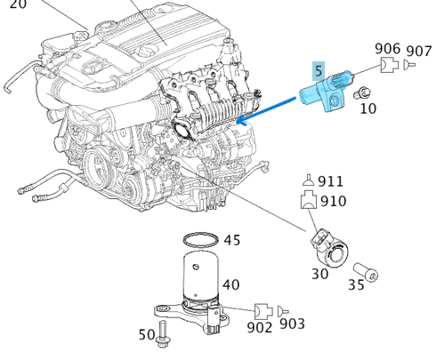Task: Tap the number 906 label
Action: click(x=387, y=48)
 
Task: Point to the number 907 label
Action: click(x=418, y=51)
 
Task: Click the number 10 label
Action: click(x=367, y=108)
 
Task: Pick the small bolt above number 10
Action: click(x=362, y=92)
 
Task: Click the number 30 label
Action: click(x=319, y=274)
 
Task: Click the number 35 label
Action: click(x=356, y=286)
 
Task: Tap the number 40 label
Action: click(x=230, y=284)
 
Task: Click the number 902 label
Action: click(x=259, y=326)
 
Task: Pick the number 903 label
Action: click(x=292, y=324)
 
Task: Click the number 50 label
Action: click(x=147, y=334)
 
